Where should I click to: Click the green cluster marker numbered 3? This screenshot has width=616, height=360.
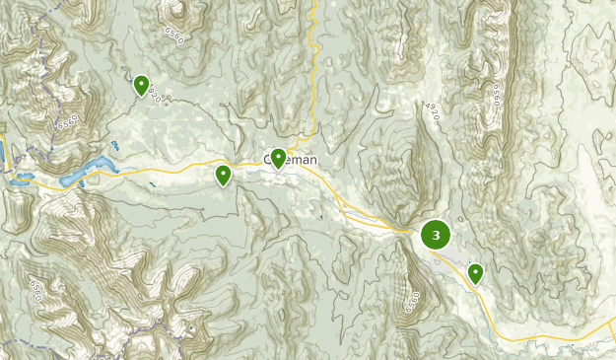tap(436, 235)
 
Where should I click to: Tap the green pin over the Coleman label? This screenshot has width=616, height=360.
tap(279, 157)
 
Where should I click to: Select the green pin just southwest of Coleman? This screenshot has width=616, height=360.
tap(224, 175)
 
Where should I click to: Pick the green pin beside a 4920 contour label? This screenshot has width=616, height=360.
tap(141, 86)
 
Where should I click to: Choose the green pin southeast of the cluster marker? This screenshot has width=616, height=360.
tap(475, 272)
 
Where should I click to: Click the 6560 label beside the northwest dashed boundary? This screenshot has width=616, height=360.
tap(66, 122)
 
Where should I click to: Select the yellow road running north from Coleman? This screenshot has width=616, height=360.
tap(312, 69)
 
